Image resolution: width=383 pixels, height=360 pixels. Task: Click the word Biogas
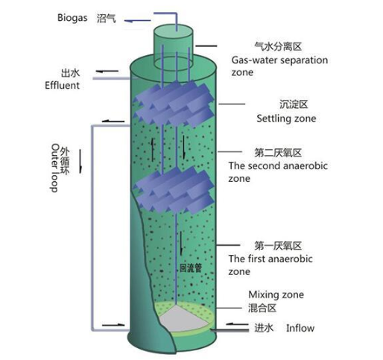[72, 18]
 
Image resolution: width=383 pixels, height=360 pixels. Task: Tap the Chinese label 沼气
[106, 19]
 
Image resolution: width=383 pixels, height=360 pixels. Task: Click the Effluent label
[62, 85]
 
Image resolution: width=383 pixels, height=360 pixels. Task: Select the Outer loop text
[54, 168]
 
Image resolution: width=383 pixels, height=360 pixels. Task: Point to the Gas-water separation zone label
[279, 66]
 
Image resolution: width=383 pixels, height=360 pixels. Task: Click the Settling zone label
[286, 119]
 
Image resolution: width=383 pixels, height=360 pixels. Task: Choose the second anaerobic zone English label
[278, 172]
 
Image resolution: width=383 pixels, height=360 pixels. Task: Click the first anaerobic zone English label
[270, 265]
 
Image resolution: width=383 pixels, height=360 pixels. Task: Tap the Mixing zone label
[276, 294]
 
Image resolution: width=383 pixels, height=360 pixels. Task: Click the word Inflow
[300, 328]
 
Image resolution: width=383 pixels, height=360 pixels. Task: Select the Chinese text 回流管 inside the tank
[191, 268]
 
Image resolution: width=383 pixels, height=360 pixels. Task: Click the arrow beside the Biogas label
[137, 21]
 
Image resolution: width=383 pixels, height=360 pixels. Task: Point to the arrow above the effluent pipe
[107, 72]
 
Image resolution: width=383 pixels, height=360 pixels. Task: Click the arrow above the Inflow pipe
[237, 323]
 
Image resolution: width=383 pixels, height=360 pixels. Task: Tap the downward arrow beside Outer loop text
[80, 161]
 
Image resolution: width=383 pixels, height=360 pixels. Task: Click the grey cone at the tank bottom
[183, 319]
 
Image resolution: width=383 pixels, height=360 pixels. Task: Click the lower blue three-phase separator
[174, 190]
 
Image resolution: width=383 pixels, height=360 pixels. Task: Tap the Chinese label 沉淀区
[294, 104]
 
